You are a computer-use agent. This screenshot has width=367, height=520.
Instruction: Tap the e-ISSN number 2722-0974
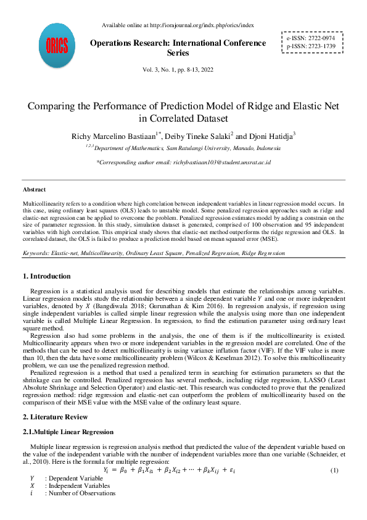(319, 38)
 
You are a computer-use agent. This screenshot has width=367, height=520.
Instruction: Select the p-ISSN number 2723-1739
(319, 46)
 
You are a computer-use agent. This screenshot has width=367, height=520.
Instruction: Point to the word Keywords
(36, 253)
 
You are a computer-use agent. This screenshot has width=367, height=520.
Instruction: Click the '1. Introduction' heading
(46, 276)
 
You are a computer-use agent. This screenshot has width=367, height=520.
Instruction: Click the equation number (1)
(335, 471)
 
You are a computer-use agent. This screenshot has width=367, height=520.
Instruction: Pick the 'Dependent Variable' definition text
(77, 479)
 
